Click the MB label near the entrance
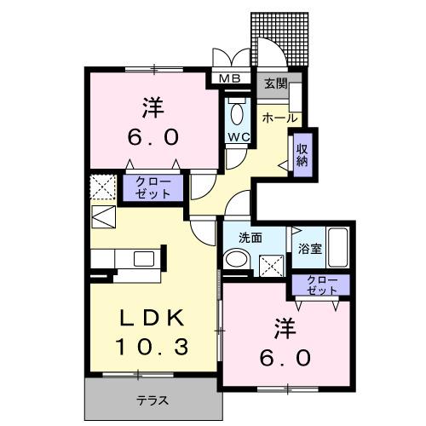[x=230, y=79]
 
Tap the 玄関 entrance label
[x=275, y=83]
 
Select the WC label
[x=238, y=136]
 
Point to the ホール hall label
[x=279, y=118]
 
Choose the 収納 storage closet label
[x=302, y=155]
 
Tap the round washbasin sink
[x=235, y=259]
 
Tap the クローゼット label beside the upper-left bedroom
[x=154, y=187]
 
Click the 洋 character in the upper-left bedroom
[x=153, y=108]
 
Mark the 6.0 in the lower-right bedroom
[x=285, y=358]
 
